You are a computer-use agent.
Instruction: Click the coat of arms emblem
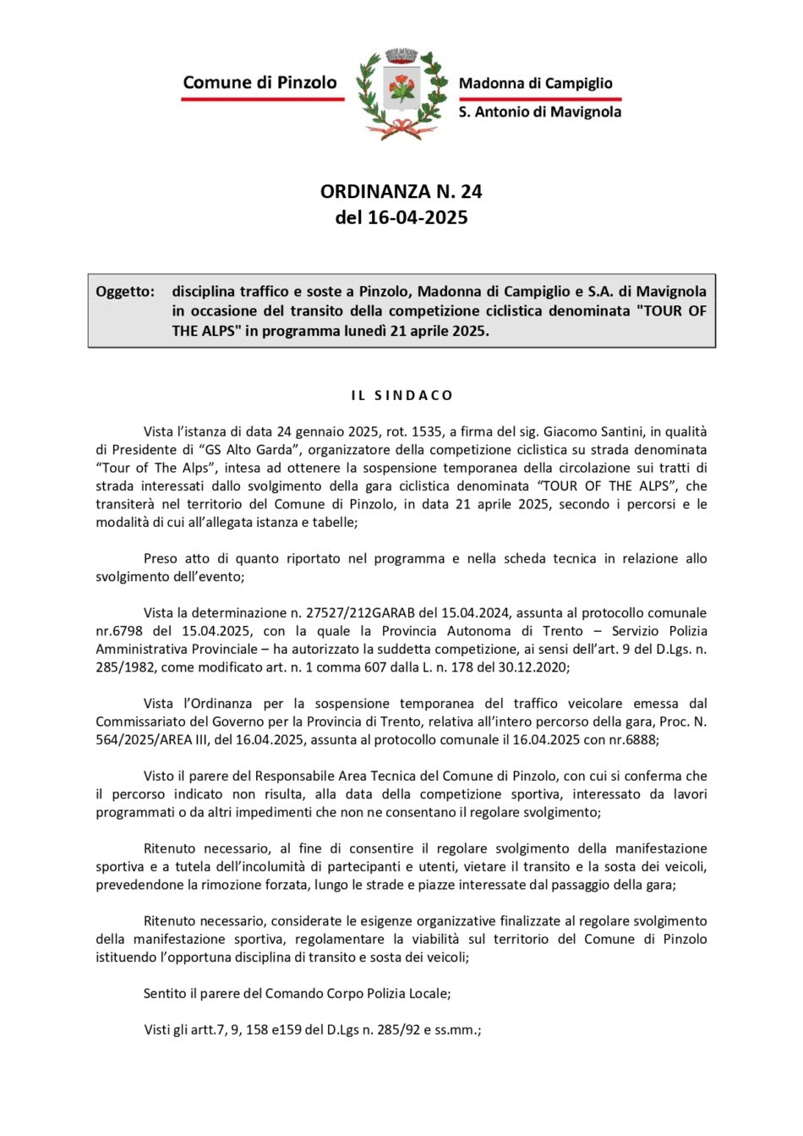click(x=401, y=93)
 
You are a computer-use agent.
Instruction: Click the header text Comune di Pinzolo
click(x=259, y=82)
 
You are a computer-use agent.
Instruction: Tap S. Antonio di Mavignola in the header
click(x=539, y=112)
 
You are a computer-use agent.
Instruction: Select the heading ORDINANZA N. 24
click(x=401, y=191)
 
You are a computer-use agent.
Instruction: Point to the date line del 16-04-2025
click(x=401, y=217)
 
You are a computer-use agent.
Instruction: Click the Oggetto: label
click(x=125, y=292)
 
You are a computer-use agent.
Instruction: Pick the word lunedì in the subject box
click(x=364, y=331)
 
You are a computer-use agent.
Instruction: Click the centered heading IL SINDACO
click(x=401, y=395)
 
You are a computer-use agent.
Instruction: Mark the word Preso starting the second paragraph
click(x=161, y=558)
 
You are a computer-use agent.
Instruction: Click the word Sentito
click(x=165, y=993)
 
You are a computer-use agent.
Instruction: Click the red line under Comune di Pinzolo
click(x=262, y=99)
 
